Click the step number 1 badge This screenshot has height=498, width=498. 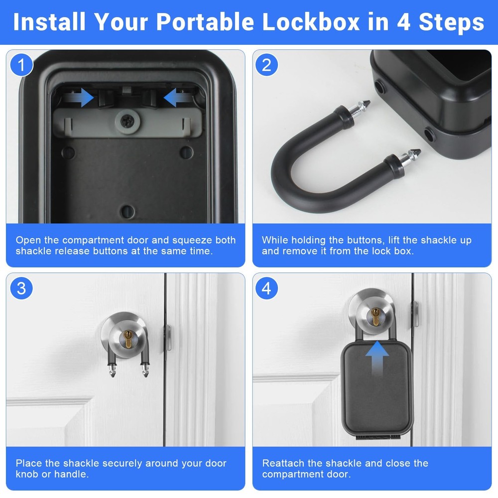pos(21,65)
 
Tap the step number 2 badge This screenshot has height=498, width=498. pos(266,65)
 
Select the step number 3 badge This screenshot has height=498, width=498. pos(21,288)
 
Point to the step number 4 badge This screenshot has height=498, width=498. pos(266,288)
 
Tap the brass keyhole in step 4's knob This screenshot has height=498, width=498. pos(374,315)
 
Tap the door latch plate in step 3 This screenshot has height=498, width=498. pos(168,337)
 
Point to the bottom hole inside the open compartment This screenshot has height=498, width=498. pos(127,210)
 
